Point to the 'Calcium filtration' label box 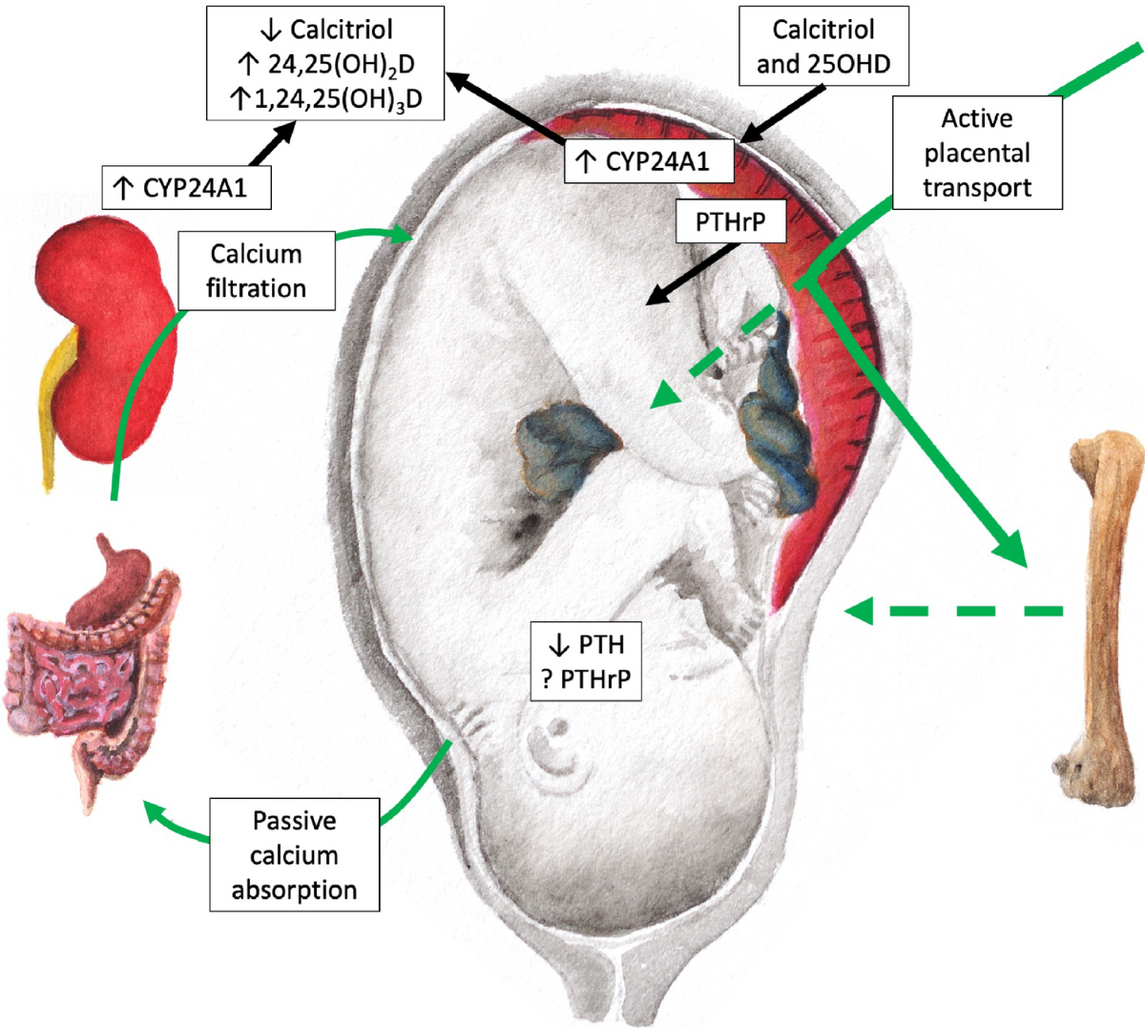tap(256, 271)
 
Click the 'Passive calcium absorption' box tap(294, 854)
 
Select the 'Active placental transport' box tap(976, 153)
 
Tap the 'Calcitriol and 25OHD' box tap(822, 47)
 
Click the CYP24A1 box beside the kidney tap(186, 188)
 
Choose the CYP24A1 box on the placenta tap(650, 161)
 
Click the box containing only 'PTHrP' tap(730, 223)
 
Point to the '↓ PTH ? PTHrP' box tap(585, 661)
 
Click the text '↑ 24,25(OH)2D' tap(325, 64)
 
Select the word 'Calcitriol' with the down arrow tap(341, 30)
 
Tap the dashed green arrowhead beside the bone tap(858, 610)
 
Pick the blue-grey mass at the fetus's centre tap(568, 447)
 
